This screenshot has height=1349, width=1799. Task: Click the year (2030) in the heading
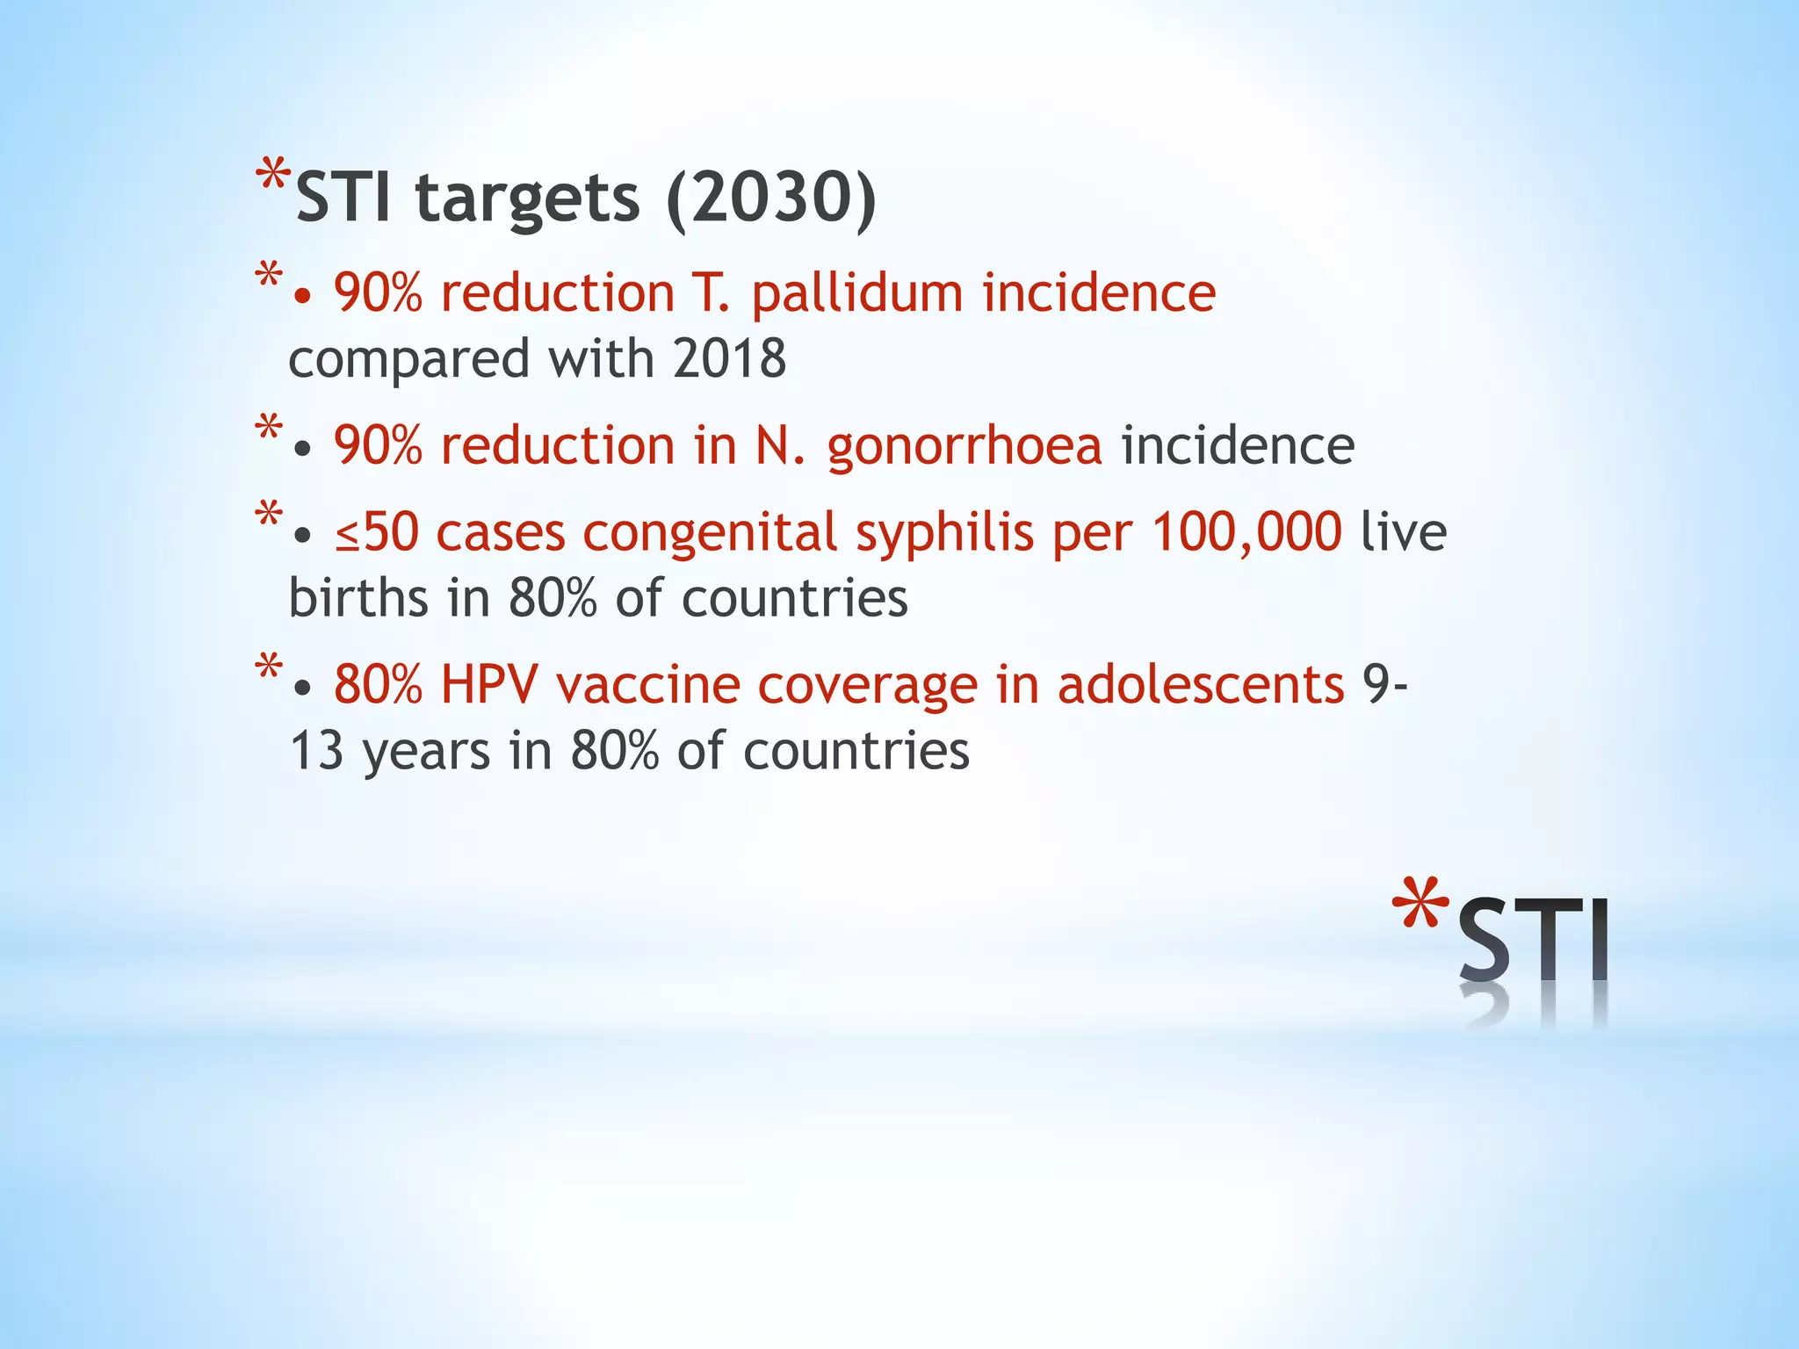click(771, 198)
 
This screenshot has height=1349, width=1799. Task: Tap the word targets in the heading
click(527, 200)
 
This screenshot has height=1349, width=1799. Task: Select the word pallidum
click(856, 294)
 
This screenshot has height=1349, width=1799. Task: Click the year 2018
click(729, 359)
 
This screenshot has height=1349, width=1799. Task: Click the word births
click(358, 599)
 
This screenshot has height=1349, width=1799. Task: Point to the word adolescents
click(1200, 685)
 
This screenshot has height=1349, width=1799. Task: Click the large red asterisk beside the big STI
click(1420, 905)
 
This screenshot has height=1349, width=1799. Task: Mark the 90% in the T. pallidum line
click(378, 293)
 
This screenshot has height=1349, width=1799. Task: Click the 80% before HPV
click(378, 685)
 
